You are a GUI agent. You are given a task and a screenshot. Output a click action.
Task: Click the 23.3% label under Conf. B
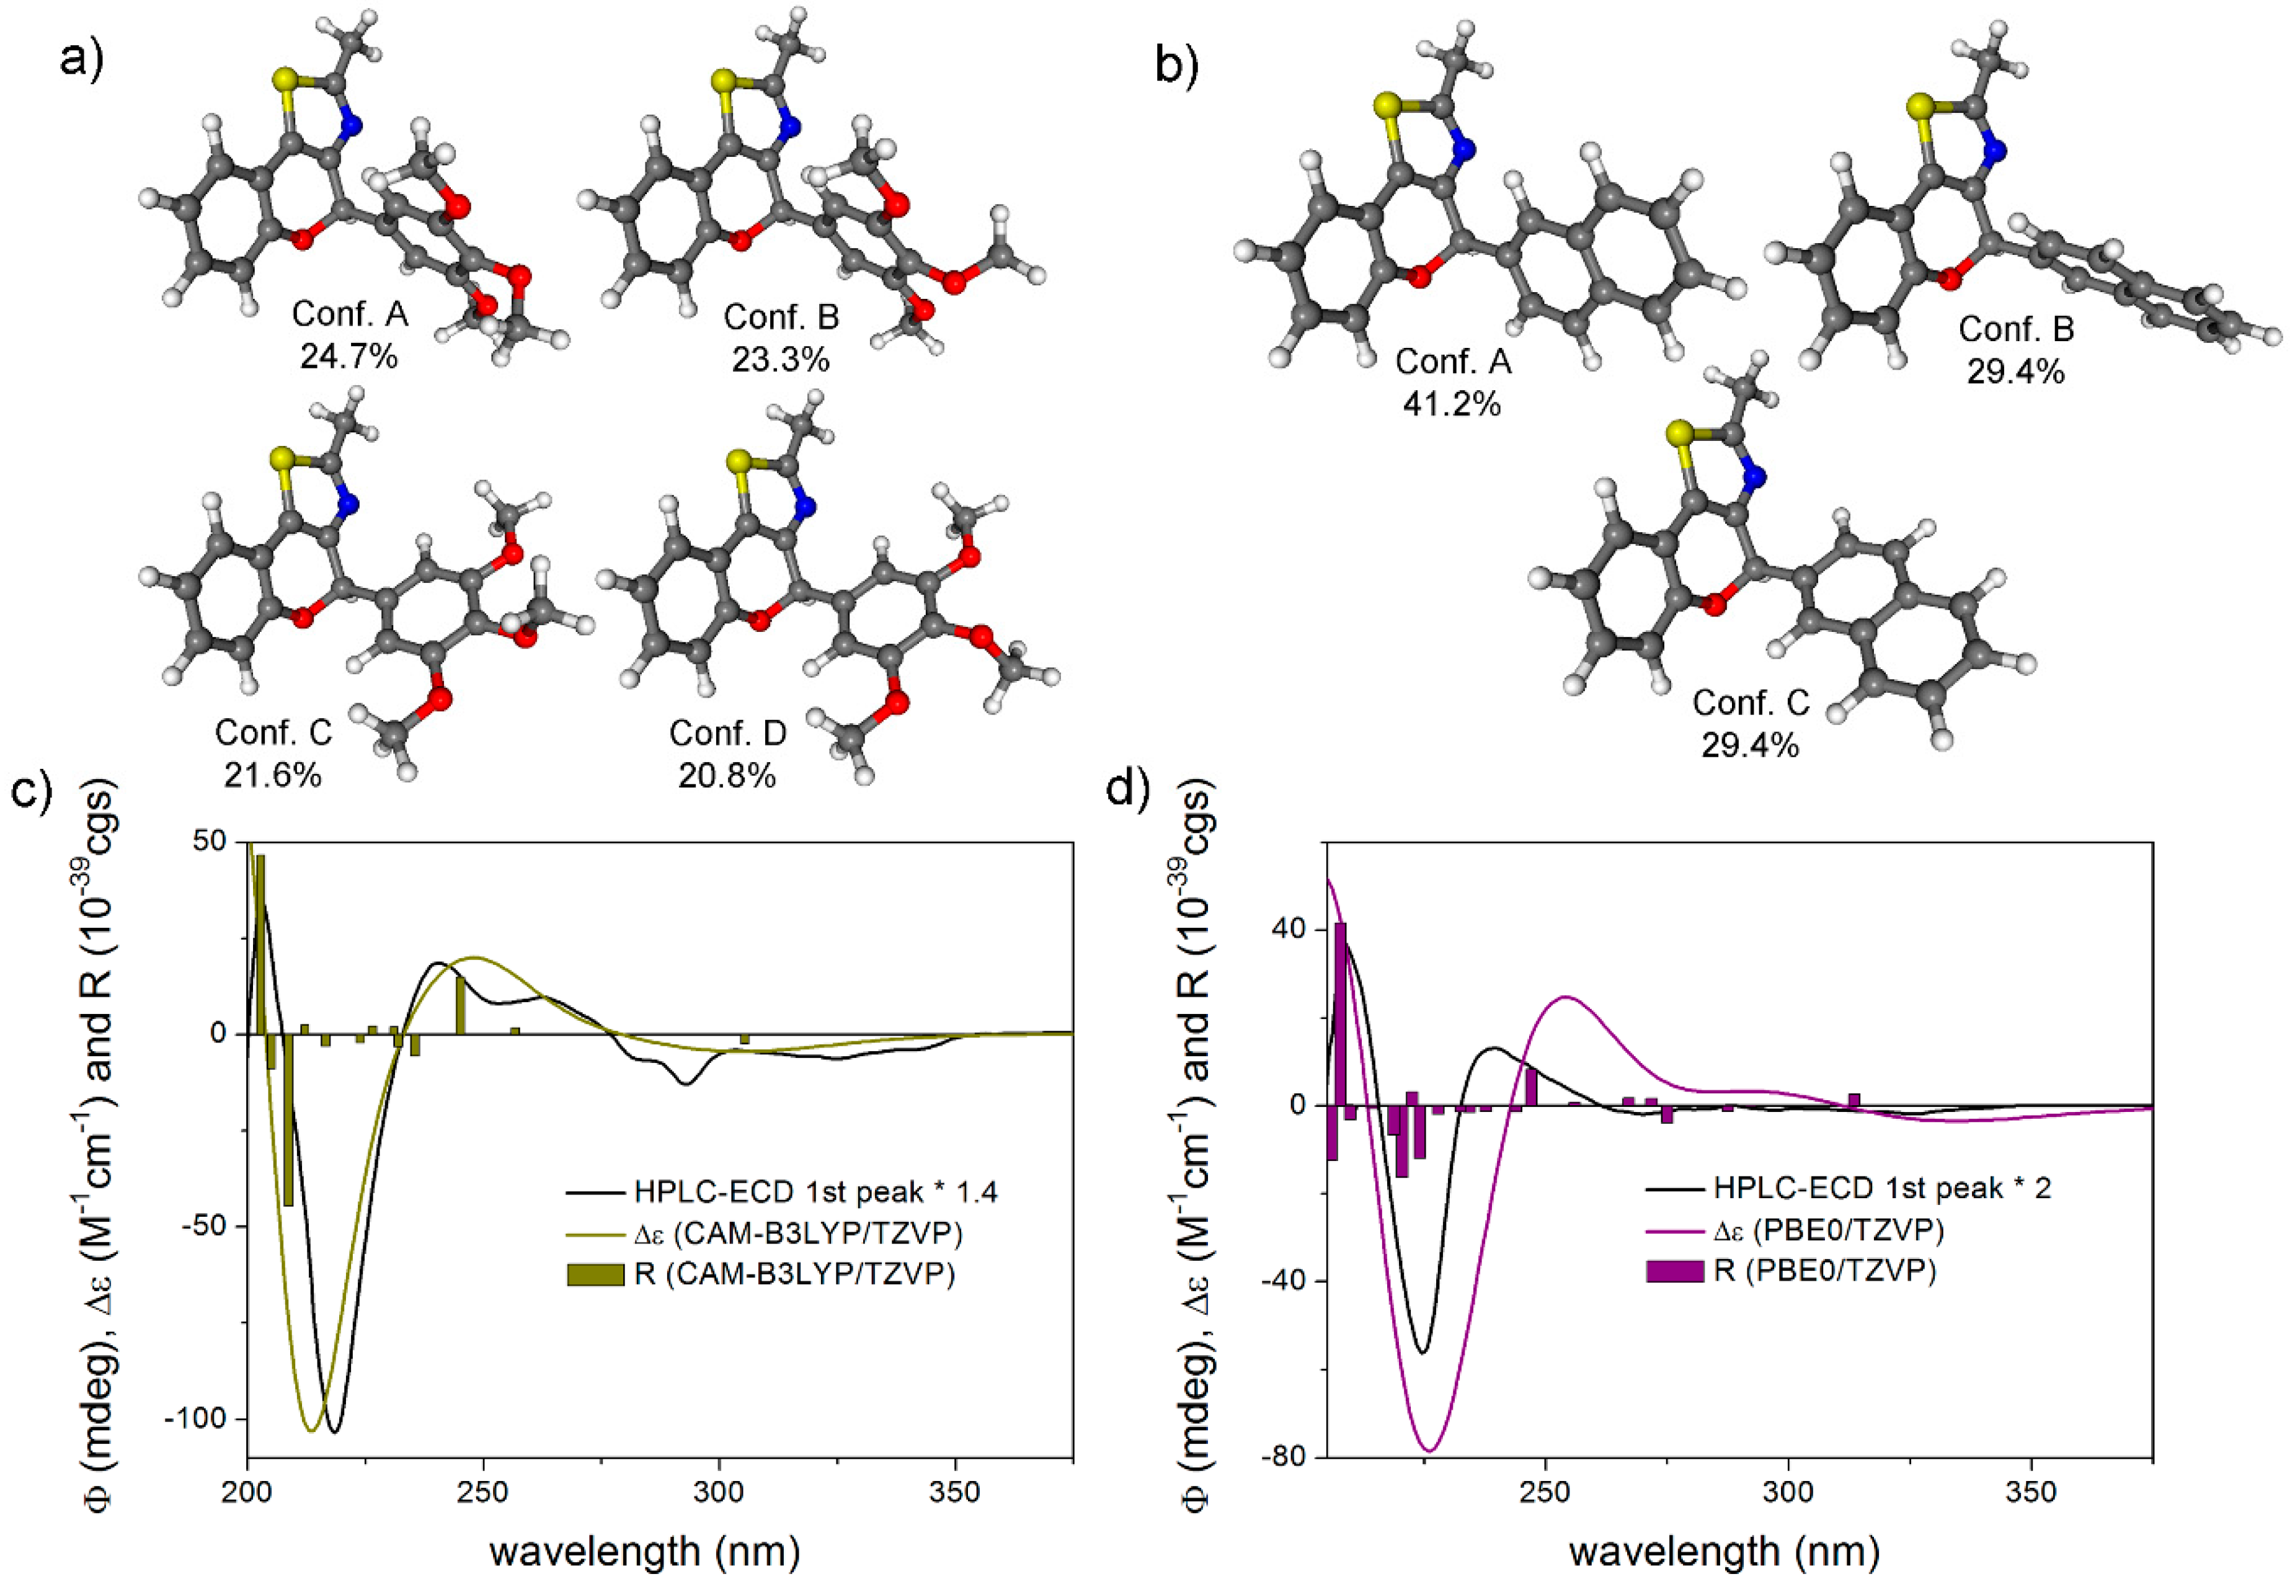pos(780,359)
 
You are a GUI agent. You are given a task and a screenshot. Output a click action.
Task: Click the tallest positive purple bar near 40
pos(1341,1013)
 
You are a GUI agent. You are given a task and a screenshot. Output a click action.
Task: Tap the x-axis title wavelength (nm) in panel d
pos(1723,1552)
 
